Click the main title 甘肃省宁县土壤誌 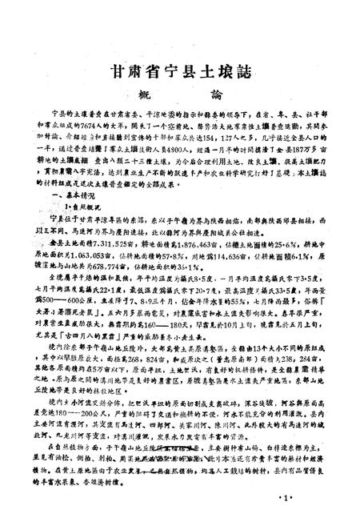pos(179,69)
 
